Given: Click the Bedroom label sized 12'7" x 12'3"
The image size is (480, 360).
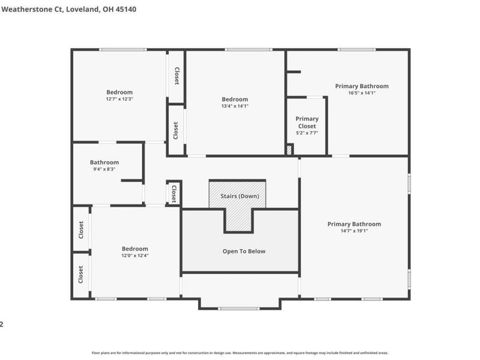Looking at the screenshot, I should (119, 92).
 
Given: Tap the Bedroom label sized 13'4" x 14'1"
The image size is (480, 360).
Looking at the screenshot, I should (235, 99).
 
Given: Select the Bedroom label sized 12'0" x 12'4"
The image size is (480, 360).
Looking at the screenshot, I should (135, 248).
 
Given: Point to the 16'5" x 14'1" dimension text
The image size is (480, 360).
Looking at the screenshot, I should (362, 93).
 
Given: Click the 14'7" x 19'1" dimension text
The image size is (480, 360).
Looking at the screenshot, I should (354, 231).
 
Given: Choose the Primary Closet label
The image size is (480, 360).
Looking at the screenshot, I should (307, 122).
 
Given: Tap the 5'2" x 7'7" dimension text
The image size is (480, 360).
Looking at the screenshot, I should (307, 133).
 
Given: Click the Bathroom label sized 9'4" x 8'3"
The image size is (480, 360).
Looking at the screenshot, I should (104, 162).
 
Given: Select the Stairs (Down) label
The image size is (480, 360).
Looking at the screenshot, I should (239, 196).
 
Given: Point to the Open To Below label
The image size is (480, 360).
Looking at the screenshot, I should (240, 251).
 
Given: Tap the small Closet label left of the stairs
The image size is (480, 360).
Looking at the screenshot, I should (174, 193).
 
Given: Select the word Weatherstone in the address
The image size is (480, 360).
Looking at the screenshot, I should (24, 9).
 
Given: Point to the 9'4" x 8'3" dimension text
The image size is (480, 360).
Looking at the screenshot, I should (104, 169).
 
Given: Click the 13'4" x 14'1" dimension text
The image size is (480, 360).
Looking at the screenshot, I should (235, 106).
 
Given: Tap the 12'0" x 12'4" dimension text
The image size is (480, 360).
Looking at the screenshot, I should (135, 256).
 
